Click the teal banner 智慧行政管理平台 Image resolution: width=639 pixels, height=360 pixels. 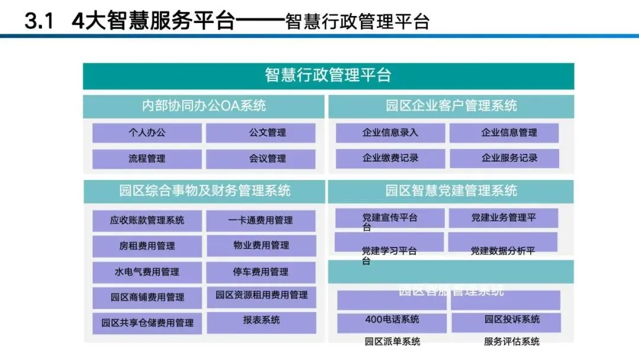[x=328, y=76]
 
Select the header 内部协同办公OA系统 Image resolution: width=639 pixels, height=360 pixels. [x=204, y=106]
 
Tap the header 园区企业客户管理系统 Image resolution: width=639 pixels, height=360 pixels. [x=451, y=106]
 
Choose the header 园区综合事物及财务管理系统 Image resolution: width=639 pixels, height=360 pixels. [x=204, y=191]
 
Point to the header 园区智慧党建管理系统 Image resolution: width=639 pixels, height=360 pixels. [x=451, y=191]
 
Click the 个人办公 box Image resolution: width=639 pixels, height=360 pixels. [x=147, y=133]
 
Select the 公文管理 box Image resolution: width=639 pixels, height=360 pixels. [x=260, y=133]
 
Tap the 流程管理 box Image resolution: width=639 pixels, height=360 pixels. [x=147, y=159]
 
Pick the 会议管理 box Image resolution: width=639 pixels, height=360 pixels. [x=260, y=159]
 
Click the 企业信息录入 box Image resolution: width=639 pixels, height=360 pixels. [x=390, y=133]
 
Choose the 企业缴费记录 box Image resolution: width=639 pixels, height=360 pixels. [x=390, y=158]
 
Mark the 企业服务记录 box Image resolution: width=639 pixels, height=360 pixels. [x=504, y=158]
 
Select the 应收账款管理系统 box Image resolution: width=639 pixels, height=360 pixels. [x=147, y=220]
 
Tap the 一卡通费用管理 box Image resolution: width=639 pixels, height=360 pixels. [x=260, y=220]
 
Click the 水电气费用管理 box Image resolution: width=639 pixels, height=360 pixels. [x=147, y=272]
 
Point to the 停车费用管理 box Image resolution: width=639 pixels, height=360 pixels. [x=260, y=272]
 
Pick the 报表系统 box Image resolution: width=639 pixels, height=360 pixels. [x=260, y=320]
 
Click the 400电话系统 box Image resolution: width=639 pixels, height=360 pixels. [x=392, y=320]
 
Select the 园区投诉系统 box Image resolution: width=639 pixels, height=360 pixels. [x=506, y=320]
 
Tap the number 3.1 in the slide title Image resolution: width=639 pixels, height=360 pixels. [x=39, y=22]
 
